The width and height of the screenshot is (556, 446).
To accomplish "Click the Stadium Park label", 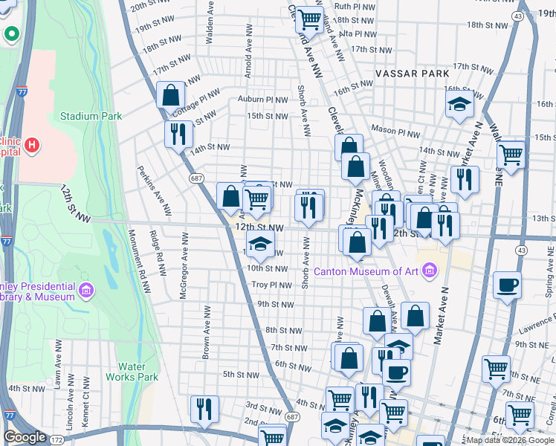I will pos(91,117).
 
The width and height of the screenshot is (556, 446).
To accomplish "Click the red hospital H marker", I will pos(32,144).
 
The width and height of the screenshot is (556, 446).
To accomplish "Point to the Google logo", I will pos(25,437).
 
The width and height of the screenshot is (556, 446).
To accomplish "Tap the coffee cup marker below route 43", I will pos(507,285).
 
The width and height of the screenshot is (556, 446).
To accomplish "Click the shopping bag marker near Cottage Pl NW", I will pos(171,95).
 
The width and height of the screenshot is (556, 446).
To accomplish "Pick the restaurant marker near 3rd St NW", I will pos(204,408).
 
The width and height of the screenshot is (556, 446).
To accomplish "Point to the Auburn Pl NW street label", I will pos(262,99).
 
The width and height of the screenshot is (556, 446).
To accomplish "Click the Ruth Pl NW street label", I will pos(355,5).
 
